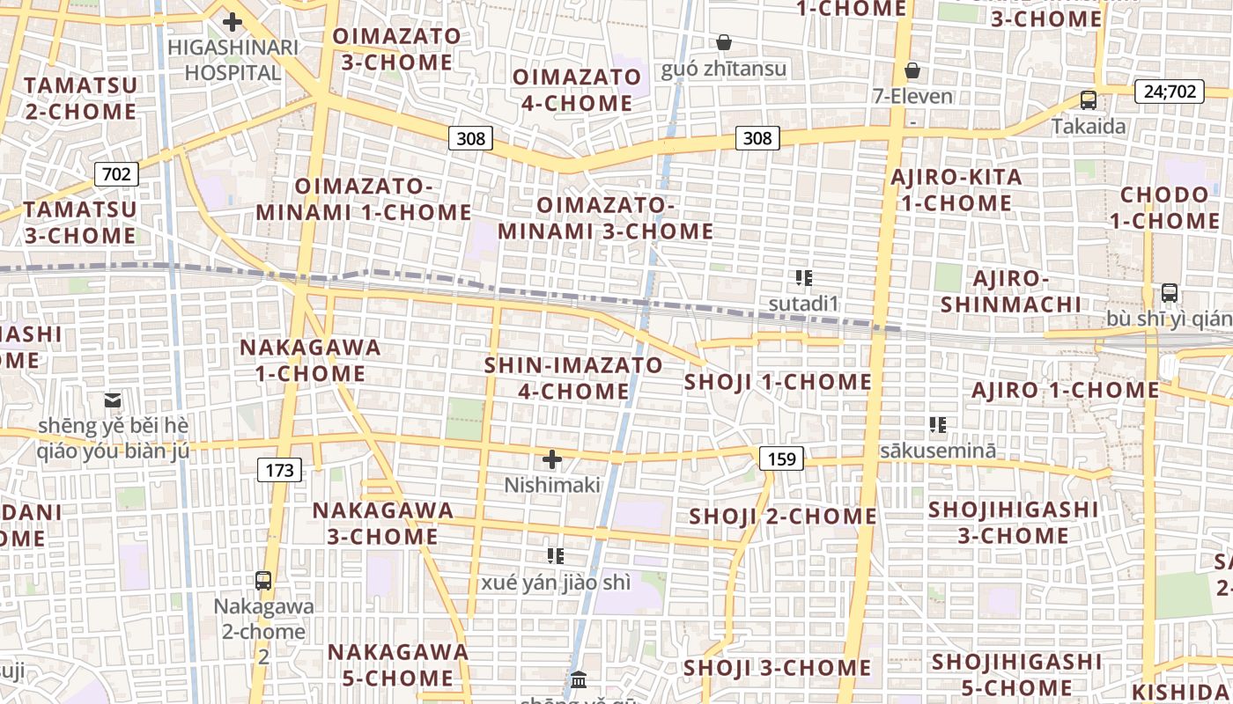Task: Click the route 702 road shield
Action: tap(116, 174)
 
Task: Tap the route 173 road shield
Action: tap(279, 470)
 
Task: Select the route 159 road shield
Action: tap(781, 458)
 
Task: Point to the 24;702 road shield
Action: tap(1170, 91)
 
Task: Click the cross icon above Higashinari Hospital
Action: tap(233, 21)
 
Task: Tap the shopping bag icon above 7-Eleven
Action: tap(912, 70)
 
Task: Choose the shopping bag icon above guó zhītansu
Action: tap(724, 42)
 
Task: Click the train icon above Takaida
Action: tap(1089, 100)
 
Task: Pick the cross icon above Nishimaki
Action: tap(552, 459)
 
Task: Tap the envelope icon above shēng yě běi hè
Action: tap(113, 400)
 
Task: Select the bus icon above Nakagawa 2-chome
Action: tap(263, 581)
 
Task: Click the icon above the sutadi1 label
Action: tap(803, 279)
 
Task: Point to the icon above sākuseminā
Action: tap(938, 426)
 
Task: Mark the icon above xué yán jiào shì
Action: tap(555, 556)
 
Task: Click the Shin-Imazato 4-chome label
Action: tap(573, 378)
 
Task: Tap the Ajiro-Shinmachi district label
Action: tap(1011, 292)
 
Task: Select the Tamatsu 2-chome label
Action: tap(80, 99)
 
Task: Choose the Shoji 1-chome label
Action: tap(778, 382)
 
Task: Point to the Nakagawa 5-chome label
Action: tap(398, 665)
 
